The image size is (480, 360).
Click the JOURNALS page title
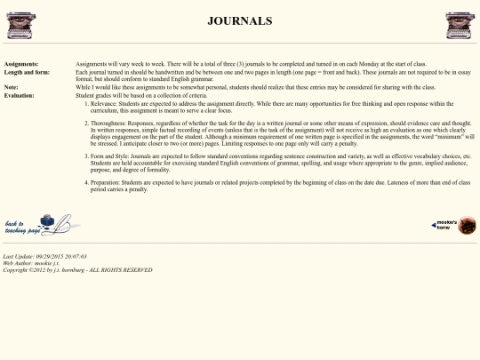point(239,20)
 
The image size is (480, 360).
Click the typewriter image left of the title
point(20,25)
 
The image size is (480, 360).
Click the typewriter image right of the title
point(459,25)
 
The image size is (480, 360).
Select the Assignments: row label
point(21,65)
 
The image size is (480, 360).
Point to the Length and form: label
point(28,73)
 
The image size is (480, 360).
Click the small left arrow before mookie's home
point(433,225)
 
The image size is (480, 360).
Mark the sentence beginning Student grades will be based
point(133,95)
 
